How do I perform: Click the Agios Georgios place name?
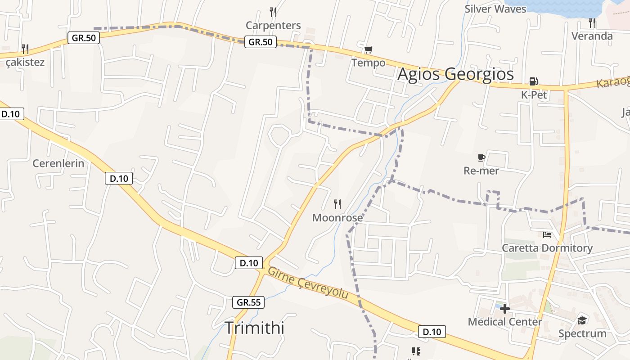click(x=455, y=74)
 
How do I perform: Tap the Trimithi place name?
click(x=254, y=328)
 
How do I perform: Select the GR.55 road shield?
click(x=248, y=302)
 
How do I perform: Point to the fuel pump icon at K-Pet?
click(x=534, y=81)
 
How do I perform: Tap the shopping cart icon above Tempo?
click(x=369, y=49)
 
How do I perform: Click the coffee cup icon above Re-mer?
click(x=481, y=157)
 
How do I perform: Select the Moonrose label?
click(x=337, y=218)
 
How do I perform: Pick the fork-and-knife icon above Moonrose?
click(x=337, y=204)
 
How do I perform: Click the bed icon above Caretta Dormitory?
click(x=547, y=234)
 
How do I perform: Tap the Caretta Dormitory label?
click(x=547, y=248)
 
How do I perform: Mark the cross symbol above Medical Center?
click(x=505, y=309)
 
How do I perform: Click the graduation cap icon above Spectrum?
click(x=582, y=320)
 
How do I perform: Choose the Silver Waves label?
click(x=495, y=9)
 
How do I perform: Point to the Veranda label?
click(x=592, y=36)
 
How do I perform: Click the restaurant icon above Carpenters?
click(x=273, y=12)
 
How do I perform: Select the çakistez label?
click(x=25, y=62)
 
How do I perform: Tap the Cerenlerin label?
click(x=58, y=163)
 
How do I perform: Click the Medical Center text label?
click(x=505, y=322)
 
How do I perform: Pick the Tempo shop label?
click(x=369, y=63)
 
